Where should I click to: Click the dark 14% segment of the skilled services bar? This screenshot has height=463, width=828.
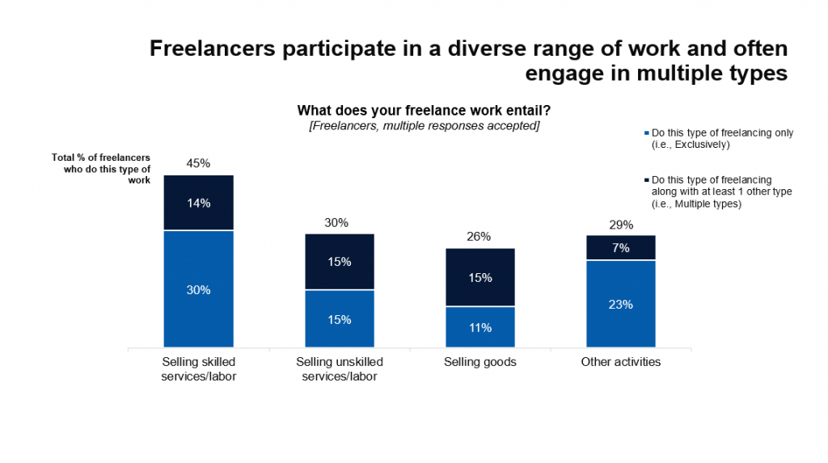[198, 203]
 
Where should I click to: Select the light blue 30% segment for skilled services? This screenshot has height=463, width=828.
[198, 289]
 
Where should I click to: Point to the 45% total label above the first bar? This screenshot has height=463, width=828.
[198, 163]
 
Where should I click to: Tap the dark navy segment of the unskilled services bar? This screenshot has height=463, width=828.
[340, 262]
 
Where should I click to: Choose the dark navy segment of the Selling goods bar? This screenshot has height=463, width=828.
[480, 277]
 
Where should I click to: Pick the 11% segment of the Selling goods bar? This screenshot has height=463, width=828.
[480, 327]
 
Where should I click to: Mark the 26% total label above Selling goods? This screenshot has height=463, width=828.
[479, 237]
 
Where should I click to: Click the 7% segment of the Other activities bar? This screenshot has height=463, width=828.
[621, 248]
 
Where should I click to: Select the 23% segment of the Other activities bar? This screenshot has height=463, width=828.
[621, 305]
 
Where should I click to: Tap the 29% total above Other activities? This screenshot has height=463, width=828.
[621, 224]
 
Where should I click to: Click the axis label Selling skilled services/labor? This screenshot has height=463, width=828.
[198, 368]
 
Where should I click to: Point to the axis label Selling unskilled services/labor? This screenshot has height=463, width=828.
[340, 368]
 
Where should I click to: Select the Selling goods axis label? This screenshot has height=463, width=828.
[480, 362]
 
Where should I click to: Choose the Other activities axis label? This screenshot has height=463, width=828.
[621, 362]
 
